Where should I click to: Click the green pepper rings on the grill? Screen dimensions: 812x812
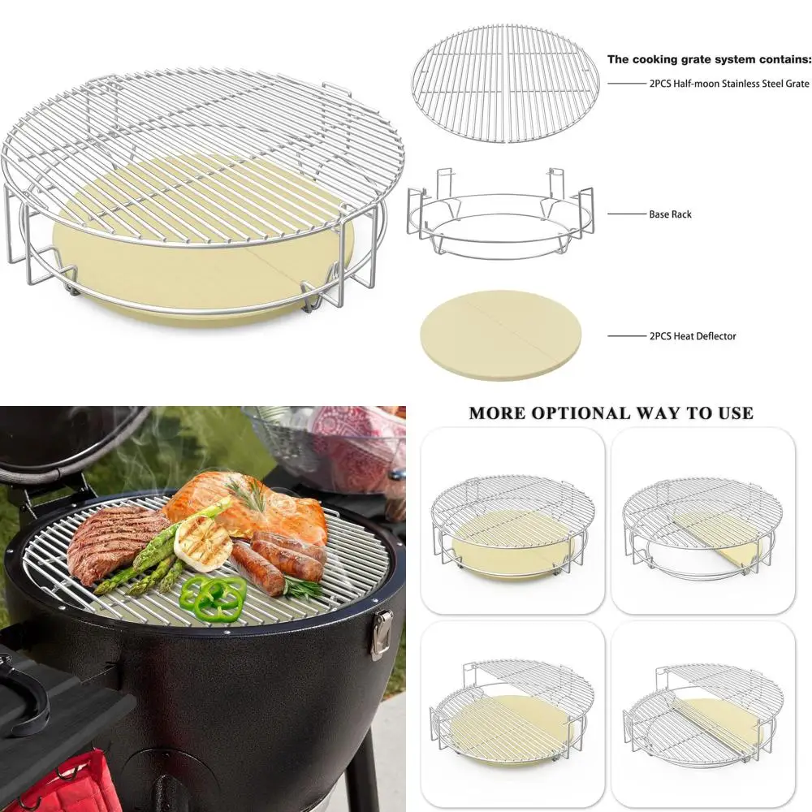pos(214,596)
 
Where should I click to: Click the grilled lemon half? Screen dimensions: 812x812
pos(202,543)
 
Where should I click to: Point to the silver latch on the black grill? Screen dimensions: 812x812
pos(381,633)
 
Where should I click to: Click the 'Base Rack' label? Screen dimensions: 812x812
pos(670,214)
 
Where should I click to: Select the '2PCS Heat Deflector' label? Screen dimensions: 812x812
pos(693,335)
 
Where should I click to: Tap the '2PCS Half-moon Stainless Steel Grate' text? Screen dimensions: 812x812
pos(728,84)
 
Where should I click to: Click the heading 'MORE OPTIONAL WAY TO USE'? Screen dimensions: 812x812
pos(611,413)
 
